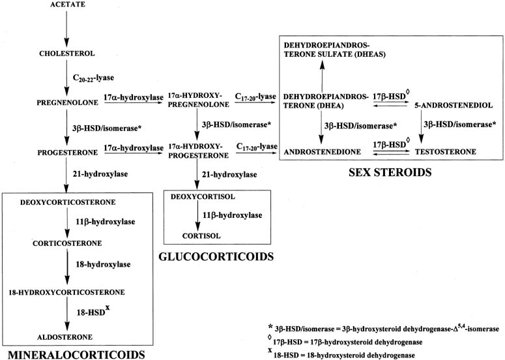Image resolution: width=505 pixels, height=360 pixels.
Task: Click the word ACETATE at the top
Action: tap(67, 6)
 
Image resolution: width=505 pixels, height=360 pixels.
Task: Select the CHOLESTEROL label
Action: tap(67, 53)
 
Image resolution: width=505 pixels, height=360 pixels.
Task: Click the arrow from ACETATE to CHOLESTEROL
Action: tap(67, 29)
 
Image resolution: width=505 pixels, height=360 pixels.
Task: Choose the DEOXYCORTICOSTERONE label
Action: tap(62, 202)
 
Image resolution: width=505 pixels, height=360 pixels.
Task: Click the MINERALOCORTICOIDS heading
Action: tap(73, 354)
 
